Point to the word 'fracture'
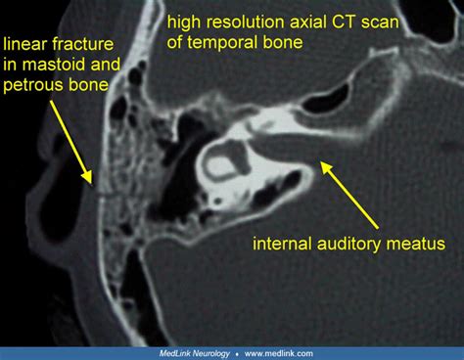tap(82, 44)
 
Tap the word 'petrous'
tap(34, 86)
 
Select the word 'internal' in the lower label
tap(283, 244)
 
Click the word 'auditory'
tap(348, 245)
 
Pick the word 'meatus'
tap(416, 244)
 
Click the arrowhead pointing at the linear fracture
tap(87, 177)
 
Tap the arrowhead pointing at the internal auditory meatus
tap(326, 168)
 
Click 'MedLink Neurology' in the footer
tap(195, 353)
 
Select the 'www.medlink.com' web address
tap(279, 353)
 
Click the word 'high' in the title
tap(185, 23)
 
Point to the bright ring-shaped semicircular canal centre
tap(223, 162)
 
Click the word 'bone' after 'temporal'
tap(283, 42)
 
